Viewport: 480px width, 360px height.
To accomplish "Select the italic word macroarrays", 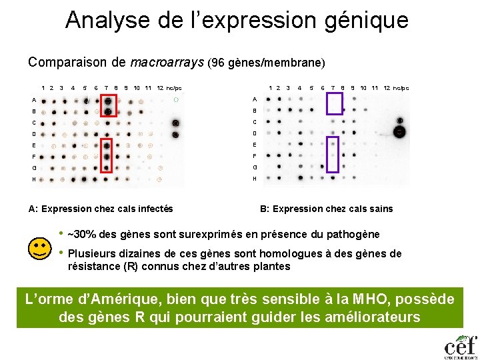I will (x=167, y=63).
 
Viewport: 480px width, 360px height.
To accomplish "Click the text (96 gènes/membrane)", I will (x=267, y=63).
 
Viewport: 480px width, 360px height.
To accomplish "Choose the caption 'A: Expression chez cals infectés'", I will (x=101, y=209).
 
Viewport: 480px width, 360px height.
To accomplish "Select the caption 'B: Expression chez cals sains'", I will (x=327, y=209).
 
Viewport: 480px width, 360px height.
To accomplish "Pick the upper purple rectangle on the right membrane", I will (x=334, y=103).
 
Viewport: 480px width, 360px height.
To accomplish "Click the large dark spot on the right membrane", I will (x=400, y=131).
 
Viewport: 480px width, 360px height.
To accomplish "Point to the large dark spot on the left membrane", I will (x=175, y=123).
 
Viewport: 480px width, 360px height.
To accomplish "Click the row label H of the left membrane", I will (x=33, y=179).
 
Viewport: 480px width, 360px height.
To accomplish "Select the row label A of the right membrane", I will (x=254, y=99).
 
